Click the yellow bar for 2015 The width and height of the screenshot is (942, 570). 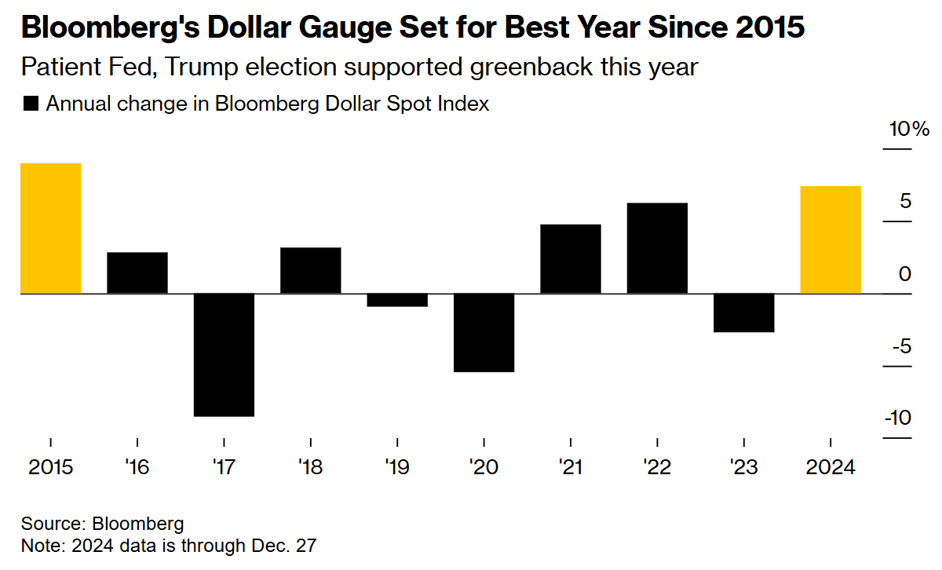click(51, 228)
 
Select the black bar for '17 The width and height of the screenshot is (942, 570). click(225, 355)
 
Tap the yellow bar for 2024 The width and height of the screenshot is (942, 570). click(830, 239)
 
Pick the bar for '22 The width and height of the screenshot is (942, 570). click(657, 248)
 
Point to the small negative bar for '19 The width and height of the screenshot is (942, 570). click(397, 300)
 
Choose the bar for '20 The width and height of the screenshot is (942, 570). click(484, 333)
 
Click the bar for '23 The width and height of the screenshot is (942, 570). click(743, 313)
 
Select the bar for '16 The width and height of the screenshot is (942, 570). click(137, 273)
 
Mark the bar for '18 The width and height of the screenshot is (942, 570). click(311, 271)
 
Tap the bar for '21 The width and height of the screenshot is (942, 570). click(571, 259)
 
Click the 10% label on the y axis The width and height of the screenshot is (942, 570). click(909, 130)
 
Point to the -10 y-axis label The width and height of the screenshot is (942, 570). click(898, 418)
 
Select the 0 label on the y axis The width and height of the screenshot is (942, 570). click(905, 274)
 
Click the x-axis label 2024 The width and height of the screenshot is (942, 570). click(830, 467)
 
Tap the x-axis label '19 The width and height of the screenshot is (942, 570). click(397, 467)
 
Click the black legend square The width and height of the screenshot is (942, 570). click(31, 104)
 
